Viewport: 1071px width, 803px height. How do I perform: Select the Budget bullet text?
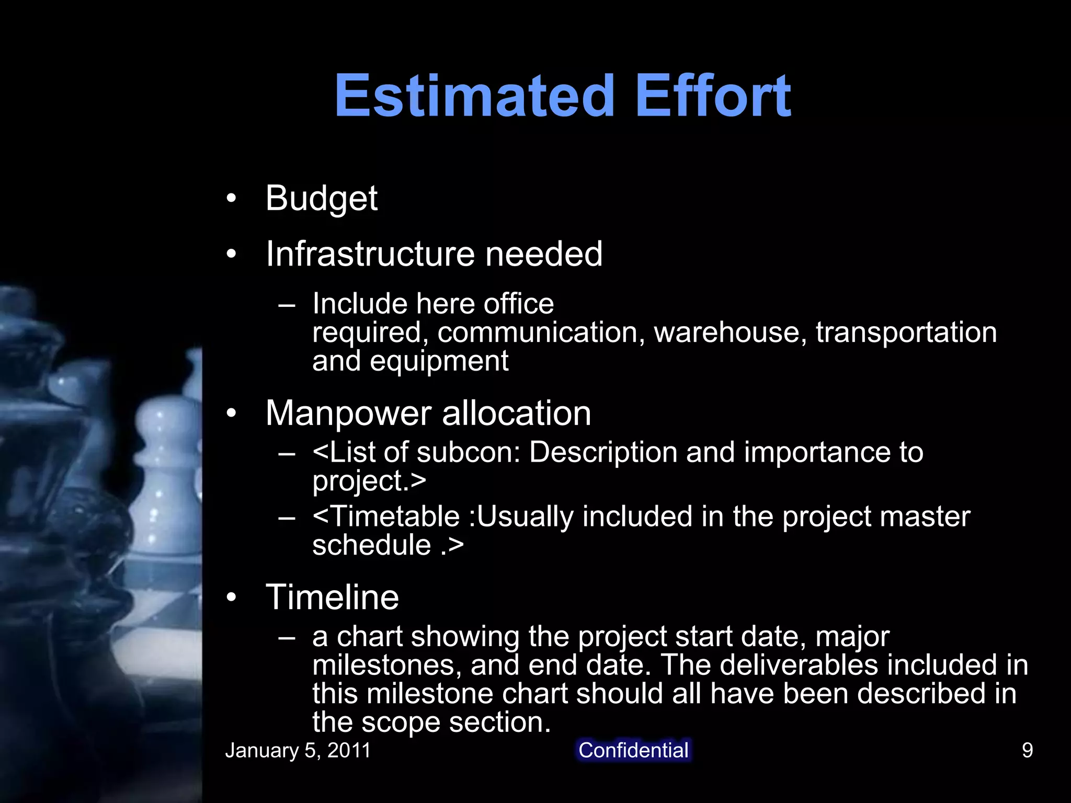[321, 199]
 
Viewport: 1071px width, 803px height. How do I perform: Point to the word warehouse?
[726, 332]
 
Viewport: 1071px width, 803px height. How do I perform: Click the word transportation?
[906, 332]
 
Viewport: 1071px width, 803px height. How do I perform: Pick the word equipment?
[439, 361]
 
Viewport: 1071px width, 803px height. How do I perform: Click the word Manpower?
[348, 414]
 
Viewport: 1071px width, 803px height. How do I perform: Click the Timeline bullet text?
[332, 598]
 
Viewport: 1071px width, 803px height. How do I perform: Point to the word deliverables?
[795, 665]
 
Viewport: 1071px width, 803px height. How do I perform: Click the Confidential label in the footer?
[633, 750]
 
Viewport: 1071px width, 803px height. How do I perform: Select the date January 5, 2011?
[298, 751]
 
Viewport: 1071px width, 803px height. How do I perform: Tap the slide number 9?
[1027, 751]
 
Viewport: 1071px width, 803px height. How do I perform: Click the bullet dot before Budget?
[231, 199]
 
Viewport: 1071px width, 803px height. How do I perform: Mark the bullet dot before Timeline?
[231, 598]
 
